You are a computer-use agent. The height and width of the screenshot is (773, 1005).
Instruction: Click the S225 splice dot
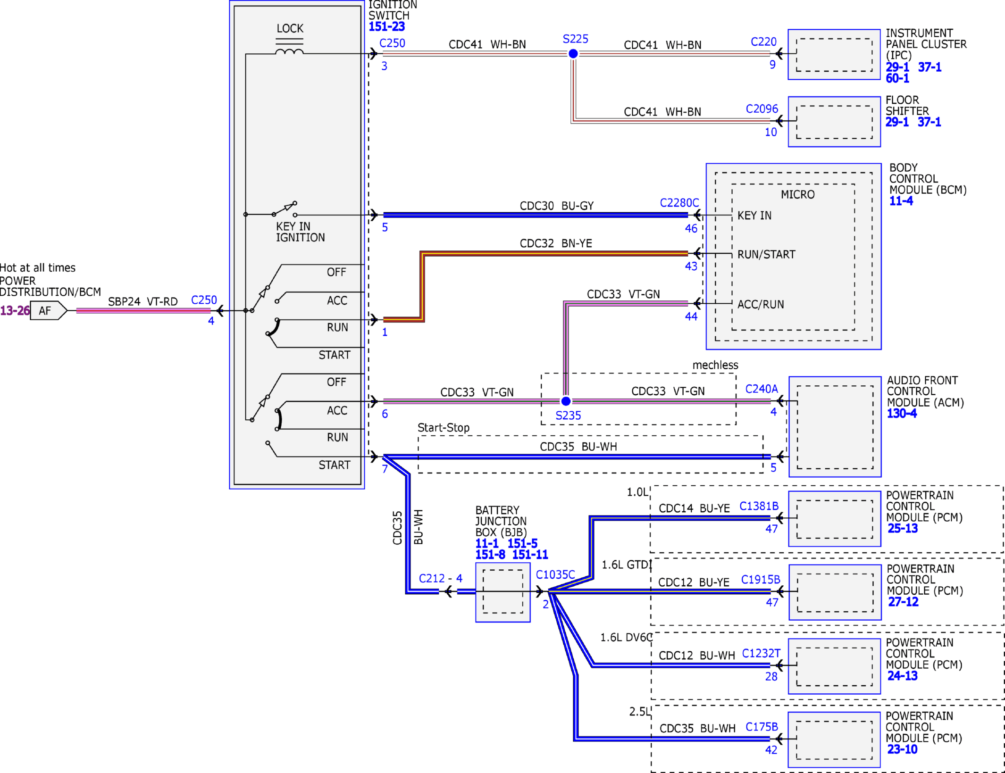[x=573, y=54]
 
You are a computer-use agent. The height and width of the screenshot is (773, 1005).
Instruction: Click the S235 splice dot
[x=566, y=401]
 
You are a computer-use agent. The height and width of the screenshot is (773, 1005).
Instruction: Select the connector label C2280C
[x=679, y=203]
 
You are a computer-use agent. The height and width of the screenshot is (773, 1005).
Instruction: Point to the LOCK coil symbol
[x=289, y=51]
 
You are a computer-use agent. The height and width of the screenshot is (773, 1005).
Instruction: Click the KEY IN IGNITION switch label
[x=300, y=232]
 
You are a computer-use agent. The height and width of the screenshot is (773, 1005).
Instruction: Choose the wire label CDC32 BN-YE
[x=556, y=243]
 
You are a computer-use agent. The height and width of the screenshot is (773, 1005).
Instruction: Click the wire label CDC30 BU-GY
[x=557, y=206]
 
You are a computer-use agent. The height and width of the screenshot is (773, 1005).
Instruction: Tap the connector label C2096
[x=762, y=109]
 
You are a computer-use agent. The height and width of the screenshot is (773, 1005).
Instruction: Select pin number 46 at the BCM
[x=691, y=229]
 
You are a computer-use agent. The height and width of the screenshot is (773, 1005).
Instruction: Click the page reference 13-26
[x=15, y=311]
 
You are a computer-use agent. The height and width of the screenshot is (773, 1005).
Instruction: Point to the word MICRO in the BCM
[x=797, y=195]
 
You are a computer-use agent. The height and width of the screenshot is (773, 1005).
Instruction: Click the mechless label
[x=715, y=365]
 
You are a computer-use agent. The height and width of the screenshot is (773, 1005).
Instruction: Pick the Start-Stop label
[x=444, y=428]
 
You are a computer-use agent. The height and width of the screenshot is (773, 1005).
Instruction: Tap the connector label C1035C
[x=555, y=575]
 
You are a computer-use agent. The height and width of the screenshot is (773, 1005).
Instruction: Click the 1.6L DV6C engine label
[x=626, y=638]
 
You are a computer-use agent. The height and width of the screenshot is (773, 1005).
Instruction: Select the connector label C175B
[x=762, y=727]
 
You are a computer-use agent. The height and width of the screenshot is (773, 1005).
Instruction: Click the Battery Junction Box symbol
[x=503, y=592]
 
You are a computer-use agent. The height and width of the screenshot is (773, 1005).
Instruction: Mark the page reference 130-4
[x=902, y=414]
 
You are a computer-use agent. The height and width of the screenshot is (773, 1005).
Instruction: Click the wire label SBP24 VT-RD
[x=143, y=302]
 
